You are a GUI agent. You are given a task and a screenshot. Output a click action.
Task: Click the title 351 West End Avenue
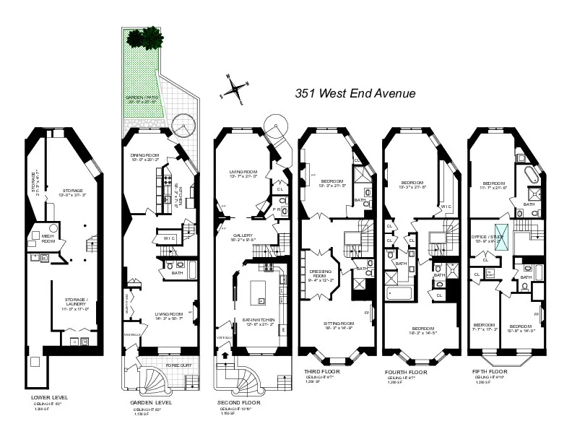point(355,93)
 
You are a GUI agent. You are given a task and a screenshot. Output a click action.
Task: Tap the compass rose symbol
point(235,88)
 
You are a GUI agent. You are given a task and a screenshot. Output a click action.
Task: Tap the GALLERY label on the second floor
point(242,235)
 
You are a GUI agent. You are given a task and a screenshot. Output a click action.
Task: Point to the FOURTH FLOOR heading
point(407,373)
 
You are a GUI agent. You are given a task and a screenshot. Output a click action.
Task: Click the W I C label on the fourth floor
point(446,207)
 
